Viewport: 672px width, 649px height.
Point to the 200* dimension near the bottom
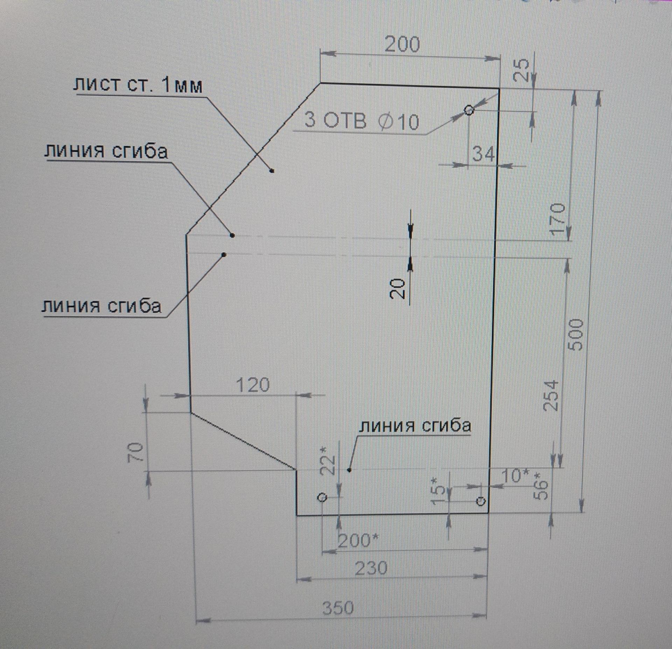click(x=358, y=541)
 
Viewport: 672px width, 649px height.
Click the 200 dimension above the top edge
click(x=402, y=45)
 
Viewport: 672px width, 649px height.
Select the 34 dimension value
click(x=483, y=154)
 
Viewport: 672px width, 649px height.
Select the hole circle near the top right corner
click(x=469, y=110)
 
